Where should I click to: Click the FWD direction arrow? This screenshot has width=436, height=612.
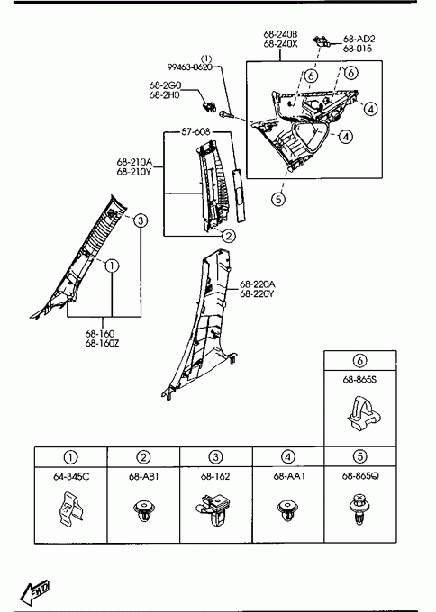point(35,590)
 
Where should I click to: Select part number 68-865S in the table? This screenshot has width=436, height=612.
point(359,380)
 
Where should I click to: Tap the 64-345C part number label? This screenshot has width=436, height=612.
point(70,477)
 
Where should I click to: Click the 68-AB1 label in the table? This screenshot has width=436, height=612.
point(143,477)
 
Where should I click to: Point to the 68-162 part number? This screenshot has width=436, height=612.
point(215,477)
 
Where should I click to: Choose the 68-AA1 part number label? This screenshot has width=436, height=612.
point(288,477)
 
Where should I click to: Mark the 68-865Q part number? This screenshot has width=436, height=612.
point(359,476)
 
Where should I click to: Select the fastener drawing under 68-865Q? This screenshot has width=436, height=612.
point(359,508)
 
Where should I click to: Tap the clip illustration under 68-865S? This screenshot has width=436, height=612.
point(363,416)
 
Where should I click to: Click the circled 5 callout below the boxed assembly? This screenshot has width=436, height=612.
point(278,200)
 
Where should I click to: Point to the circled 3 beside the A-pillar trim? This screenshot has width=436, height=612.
point(141,220)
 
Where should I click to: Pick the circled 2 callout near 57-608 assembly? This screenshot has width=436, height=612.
point(229,236)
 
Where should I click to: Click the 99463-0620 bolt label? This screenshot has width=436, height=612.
point(190,67)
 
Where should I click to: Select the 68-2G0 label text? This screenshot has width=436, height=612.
point(165,85)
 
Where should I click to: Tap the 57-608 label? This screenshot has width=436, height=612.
point(195,132)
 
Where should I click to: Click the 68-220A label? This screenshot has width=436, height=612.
point(257,283)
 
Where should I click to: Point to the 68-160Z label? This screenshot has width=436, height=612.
point(103,344)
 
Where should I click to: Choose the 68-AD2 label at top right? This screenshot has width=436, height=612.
point(359,39)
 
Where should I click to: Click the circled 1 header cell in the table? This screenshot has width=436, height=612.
point(70,456)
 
